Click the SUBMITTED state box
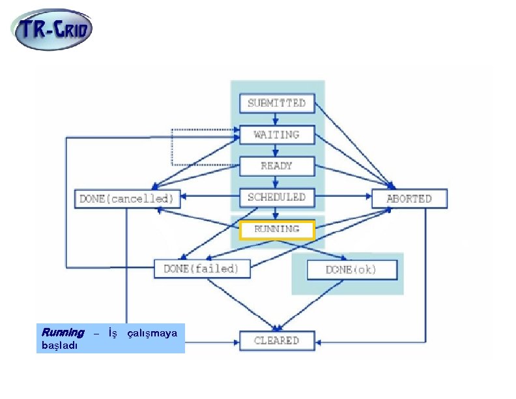(277, 104)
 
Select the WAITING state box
(277, 135)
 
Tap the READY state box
(277, 166)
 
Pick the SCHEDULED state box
(277, 197)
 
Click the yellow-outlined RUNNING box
(277, 229)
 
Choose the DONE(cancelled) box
(127, 199)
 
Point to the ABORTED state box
(409, 198)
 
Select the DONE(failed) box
(202, 269)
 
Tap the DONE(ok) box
(352, 270)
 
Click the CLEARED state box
(277, 341)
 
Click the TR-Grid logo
(51, 29)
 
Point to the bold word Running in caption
(63, 332)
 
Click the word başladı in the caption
(59, 346)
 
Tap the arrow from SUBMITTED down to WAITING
(276, 119)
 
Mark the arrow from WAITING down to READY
(276, 151)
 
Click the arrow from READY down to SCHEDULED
(276, 182)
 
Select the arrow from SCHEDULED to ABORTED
(343, 196)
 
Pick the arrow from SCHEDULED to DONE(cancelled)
(210, 196)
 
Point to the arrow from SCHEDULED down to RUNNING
(276, 214)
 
